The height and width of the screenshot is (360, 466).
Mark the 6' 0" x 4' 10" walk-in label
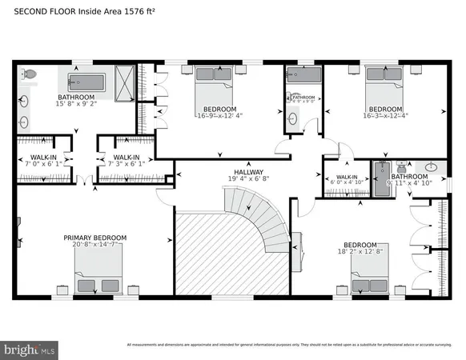click(x=346, y=180)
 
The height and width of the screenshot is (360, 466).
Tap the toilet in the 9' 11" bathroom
click(x=400, y=170)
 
